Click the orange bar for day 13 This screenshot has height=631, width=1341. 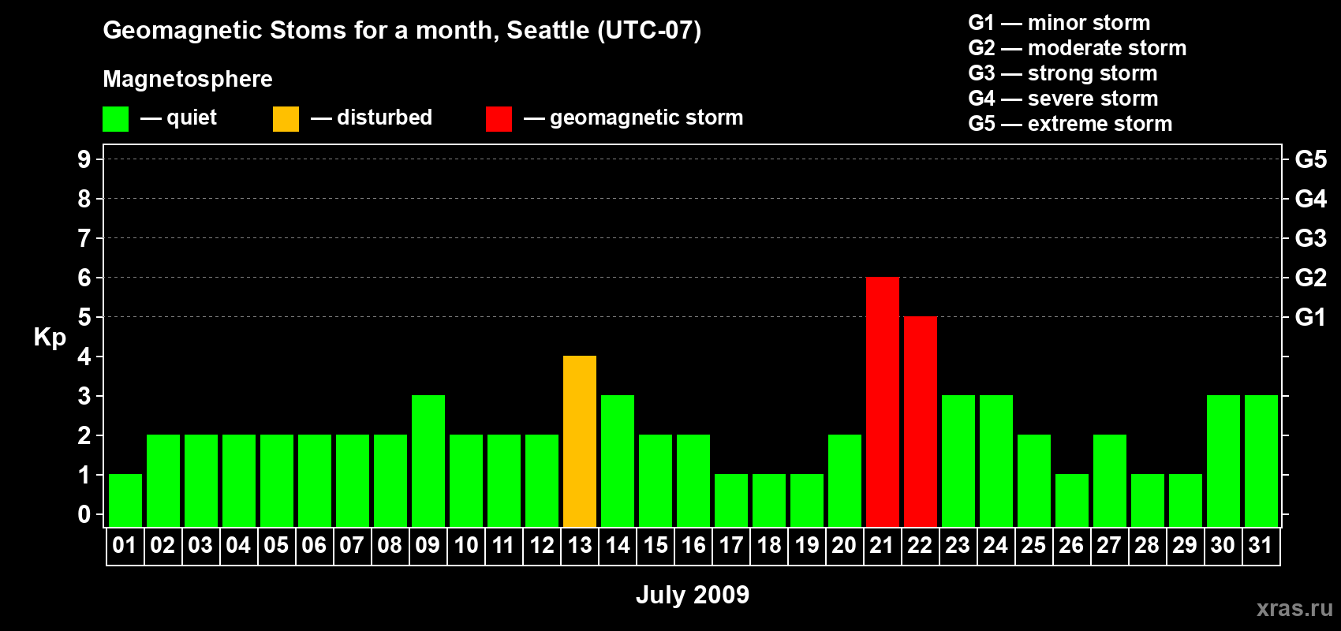(580, 441)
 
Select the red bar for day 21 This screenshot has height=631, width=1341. (883, 401)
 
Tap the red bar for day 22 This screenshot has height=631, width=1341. (920, 421)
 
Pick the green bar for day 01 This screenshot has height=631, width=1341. (125, 501)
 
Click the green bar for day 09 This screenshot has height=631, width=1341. (428, 461)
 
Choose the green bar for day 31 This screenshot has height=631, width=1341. (1261, 461)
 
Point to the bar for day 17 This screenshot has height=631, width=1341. (731, 501)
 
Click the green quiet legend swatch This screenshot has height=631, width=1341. (115, 118)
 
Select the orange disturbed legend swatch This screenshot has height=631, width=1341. (286, 118)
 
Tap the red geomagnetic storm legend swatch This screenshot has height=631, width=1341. (499, 118)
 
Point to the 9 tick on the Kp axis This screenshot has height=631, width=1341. (84, 159)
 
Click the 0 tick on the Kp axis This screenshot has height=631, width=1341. (84, 514)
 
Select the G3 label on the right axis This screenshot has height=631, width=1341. (1311, 238)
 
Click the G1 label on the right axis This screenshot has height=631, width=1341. (1311, 317)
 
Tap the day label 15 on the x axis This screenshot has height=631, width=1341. (656, 545)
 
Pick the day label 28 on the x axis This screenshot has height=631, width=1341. (1147, 545)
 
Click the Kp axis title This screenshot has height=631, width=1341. (50, 338)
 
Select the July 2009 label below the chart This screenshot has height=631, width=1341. (693, 595)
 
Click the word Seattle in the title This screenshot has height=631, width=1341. (547, 31)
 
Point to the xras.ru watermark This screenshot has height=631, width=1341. (1294, 608)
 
